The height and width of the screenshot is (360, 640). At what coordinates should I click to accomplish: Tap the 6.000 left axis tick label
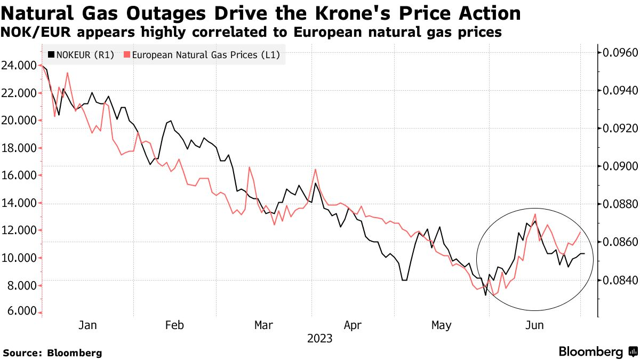20,312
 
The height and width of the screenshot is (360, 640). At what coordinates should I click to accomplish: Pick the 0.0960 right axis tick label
620,53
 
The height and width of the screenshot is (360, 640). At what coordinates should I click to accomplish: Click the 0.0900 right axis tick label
620,166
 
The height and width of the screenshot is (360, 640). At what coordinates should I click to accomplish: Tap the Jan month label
87,325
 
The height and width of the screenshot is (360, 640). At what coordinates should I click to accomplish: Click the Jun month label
535,325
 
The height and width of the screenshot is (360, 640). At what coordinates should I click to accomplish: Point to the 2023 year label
319,339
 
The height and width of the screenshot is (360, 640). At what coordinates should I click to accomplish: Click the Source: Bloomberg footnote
52,353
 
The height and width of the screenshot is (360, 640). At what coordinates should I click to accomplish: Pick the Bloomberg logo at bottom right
597,351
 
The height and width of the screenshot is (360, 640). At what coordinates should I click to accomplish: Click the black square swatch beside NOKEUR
51,54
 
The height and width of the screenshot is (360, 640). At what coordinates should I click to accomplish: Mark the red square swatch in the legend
126,54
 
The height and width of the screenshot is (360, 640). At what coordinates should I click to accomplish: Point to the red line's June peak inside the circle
535,214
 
